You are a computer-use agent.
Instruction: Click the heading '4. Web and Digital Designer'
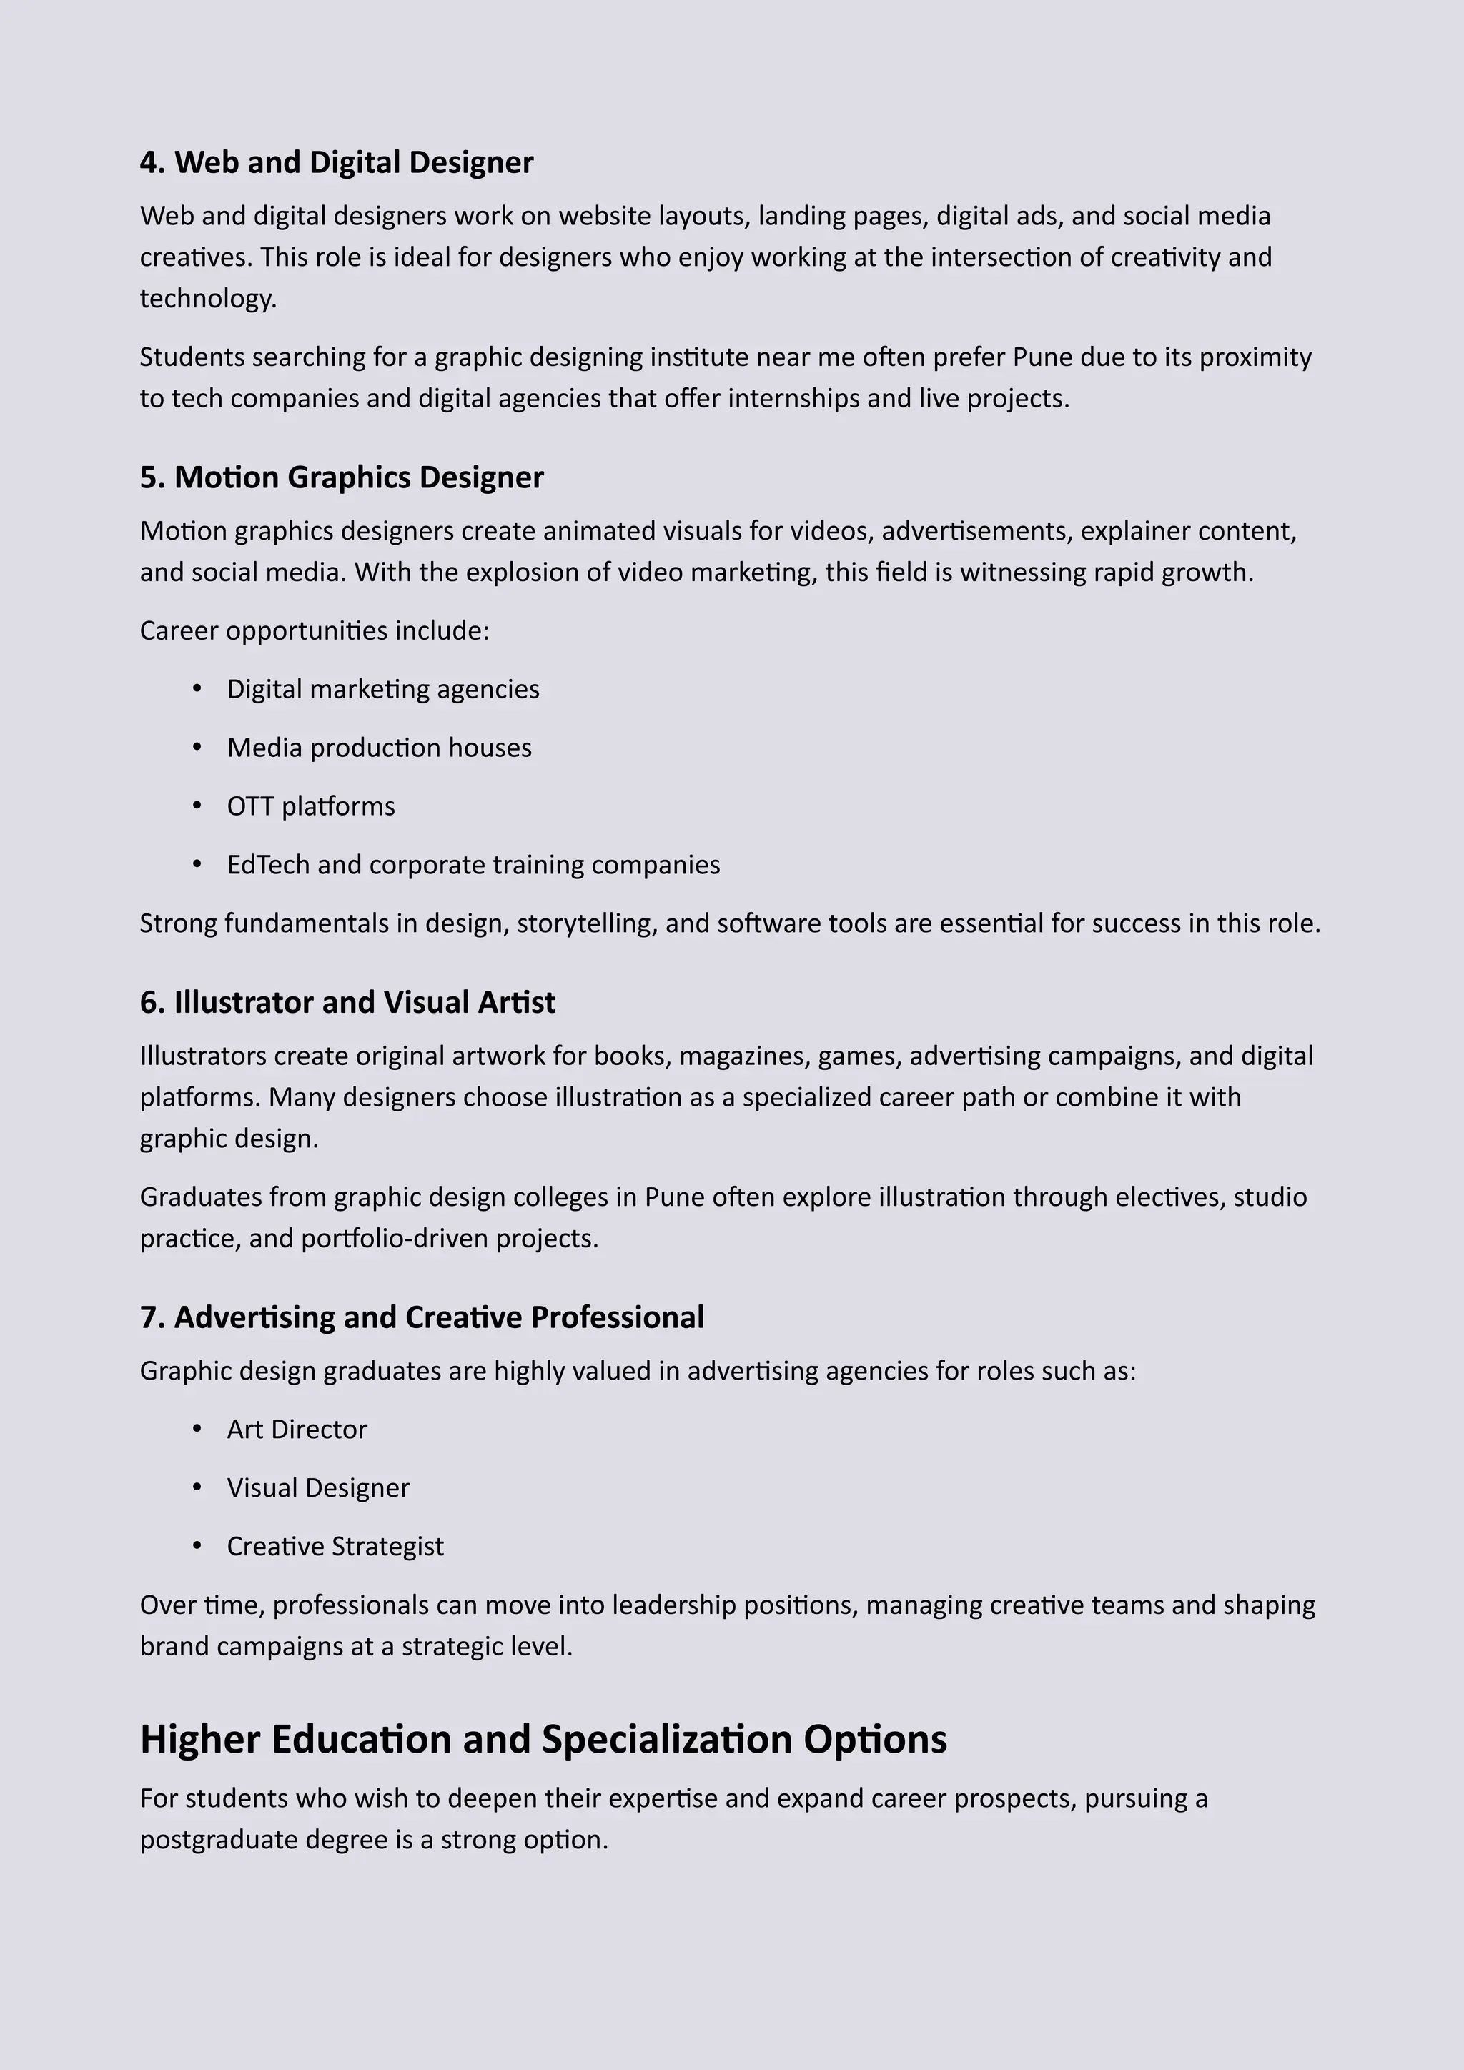click(x=336, y=162)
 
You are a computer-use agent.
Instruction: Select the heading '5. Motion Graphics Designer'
click(x=342, y=477)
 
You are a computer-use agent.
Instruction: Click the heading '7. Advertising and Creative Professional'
click(x=422, y=1317)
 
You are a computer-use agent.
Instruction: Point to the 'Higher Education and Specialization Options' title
click(x=543, y=1739)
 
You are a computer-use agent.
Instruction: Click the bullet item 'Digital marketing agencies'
click(x=383, y=689)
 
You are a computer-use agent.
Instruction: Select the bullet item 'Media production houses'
click(x=380, y=748)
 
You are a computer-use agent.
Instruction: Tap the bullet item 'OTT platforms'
click(x=311, y=806)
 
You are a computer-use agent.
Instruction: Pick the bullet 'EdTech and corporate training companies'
click(x=473, y=865)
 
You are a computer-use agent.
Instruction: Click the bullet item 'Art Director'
click(x=297, y=1429)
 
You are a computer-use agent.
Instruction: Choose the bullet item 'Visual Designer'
click(x=318, y=1487)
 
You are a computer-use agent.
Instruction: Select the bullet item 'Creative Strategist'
click(x=335, y=1546)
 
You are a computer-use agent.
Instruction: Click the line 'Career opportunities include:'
click(x=315, y=630)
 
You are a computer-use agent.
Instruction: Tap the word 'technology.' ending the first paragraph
click(x=208, y=298)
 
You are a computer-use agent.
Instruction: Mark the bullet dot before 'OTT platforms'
click(x=197, y=805)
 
